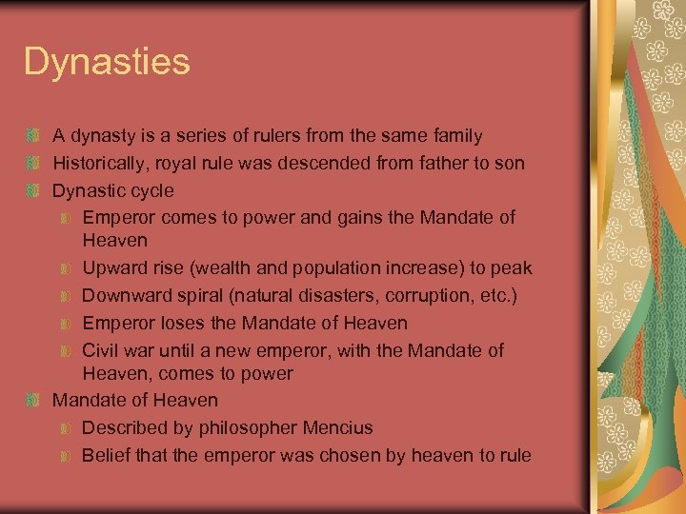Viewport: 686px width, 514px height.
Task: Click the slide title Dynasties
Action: pyautogui.click(x=107, y=63)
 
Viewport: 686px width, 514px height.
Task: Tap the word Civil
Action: pyautogui.click(x=103, y=350)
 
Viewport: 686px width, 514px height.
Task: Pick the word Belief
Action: pyautogui.click(x=107, y=455)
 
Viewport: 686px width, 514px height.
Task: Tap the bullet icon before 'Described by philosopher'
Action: pyautogui.click(x=64, y=428)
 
